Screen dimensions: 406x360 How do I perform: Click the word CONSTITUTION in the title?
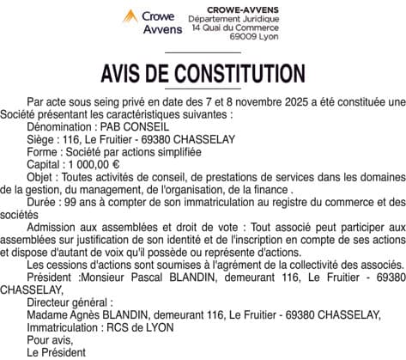(x=232, y=71)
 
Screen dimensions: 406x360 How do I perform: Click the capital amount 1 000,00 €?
(x=92, y=163)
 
